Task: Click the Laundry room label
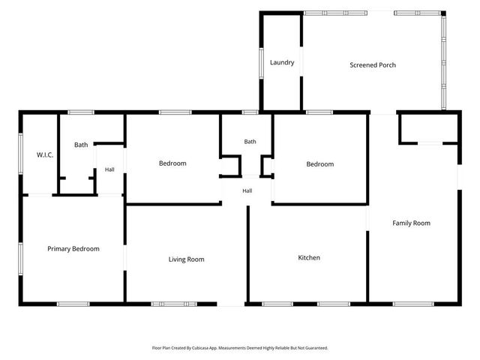coord(282,62)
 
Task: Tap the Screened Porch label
coord(373,65)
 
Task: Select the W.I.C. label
coord(45,155)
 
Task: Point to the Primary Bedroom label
coord(73,249)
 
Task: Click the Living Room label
coord(187,259)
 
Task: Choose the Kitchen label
coord(309,258)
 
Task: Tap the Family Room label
coord(412,223)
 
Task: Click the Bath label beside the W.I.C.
coord(81,145)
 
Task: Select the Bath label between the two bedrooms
coord(250,142)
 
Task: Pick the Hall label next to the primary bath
coord(109,169)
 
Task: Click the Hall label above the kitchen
coord(247,191)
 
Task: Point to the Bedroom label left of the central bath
coord(172,163)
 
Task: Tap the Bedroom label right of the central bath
coord(320,164)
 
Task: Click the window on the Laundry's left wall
coord(262,63)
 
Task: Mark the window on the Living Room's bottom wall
coord(174,304)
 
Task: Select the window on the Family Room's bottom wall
coord(413,304)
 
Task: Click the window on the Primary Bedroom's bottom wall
coord(73,304)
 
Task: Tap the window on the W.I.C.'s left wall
coord(21,154)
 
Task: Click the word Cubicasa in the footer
coord(199,348)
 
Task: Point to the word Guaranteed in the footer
coord(317,348)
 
